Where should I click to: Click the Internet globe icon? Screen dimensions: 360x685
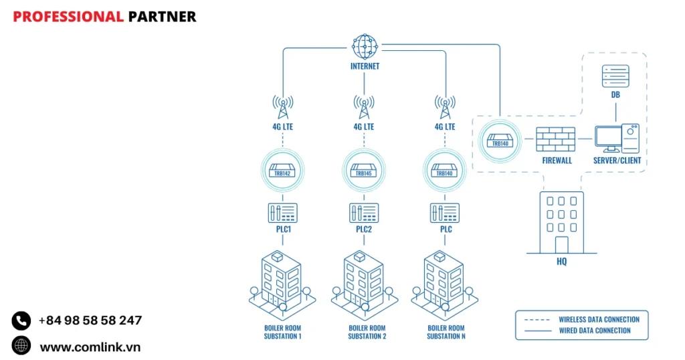coord(365,47)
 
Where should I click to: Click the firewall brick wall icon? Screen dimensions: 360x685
coord(555,139)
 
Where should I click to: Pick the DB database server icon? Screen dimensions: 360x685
coord(615,76)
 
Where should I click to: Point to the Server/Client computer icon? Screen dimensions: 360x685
coord(616,139)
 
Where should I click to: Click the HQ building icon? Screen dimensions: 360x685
coord(561,223)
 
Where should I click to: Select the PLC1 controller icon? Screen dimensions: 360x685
coord(282,213)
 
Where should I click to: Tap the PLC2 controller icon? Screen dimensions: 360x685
coord(364,213)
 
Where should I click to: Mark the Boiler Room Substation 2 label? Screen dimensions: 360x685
coord(367,332)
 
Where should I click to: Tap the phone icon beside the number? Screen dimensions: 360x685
coord(21,321)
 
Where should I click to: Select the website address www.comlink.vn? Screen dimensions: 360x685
coord(90,347)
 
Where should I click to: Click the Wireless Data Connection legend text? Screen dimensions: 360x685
coord(599,319)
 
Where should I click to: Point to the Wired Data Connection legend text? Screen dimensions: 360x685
coord(594,330)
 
